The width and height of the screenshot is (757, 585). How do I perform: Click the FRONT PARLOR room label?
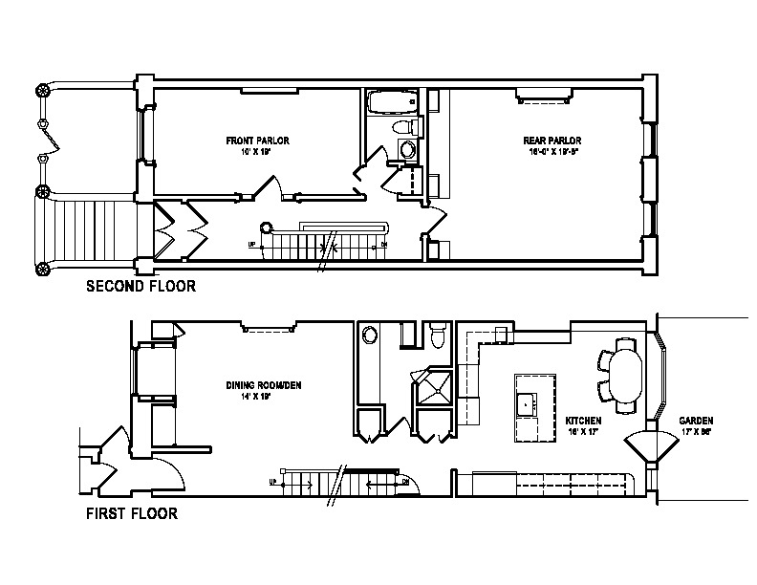[258, 141]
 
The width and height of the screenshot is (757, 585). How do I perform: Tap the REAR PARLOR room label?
[552, 141]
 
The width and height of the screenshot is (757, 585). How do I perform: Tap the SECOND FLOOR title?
[141, 285]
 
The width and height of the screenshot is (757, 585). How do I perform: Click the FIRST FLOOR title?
[133, 513]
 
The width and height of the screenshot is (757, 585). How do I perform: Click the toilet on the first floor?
[439, 336]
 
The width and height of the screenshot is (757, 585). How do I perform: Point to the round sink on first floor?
[370, 335]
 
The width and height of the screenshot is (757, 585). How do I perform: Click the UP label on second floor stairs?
[252, 244]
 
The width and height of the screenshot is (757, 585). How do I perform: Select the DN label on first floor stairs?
[405, 481]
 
